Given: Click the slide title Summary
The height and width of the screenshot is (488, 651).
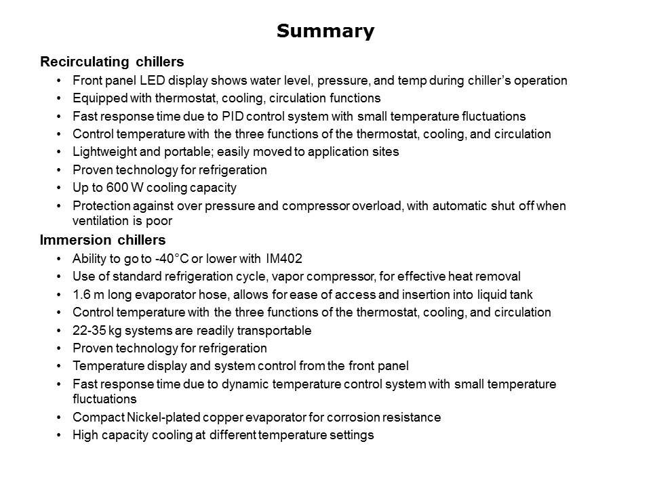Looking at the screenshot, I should pyautogui.click(x=325, y=31).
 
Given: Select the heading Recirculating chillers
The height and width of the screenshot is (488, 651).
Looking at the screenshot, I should pyautogui.click(x=112, y=62).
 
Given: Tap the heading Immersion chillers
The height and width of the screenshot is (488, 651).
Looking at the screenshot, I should pyautogui.click(x=102, y=240).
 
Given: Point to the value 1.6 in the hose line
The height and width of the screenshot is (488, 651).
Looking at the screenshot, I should pyautogui.click(x=81, y=294).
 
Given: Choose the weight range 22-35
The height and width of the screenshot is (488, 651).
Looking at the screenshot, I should pyautogui.click(x=88, y=330).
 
